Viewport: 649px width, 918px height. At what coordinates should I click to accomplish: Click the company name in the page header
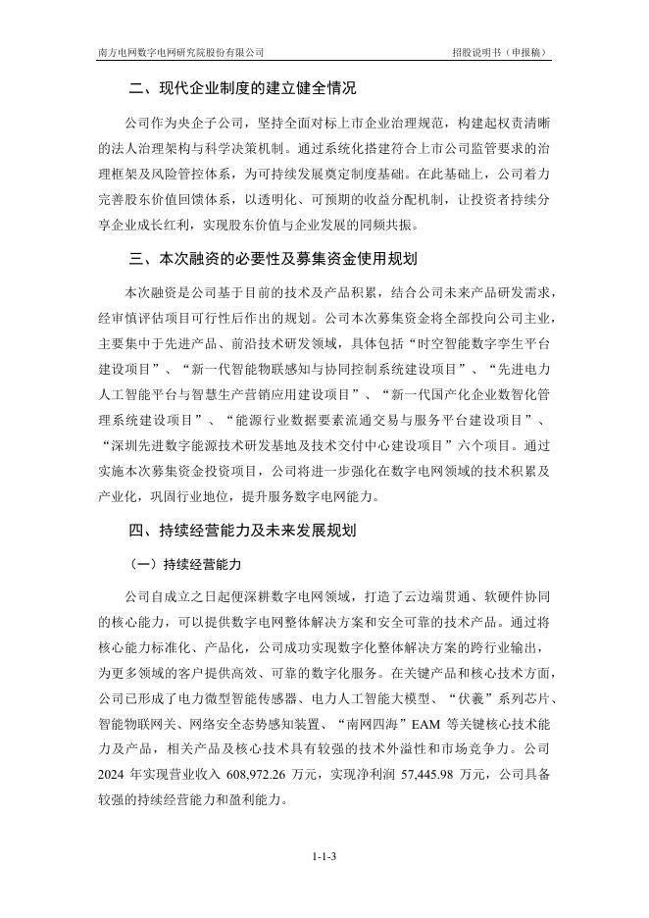coord(181,52)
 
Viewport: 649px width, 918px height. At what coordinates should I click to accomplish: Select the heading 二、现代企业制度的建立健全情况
coord(253,90)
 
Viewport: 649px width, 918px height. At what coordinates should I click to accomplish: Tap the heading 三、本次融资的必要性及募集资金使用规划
coord(275,260)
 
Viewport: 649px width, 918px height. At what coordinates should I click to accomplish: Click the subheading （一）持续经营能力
coord(184,566)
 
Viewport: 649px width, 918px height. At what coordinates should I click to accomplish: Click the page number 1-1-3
coord(324,857)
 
